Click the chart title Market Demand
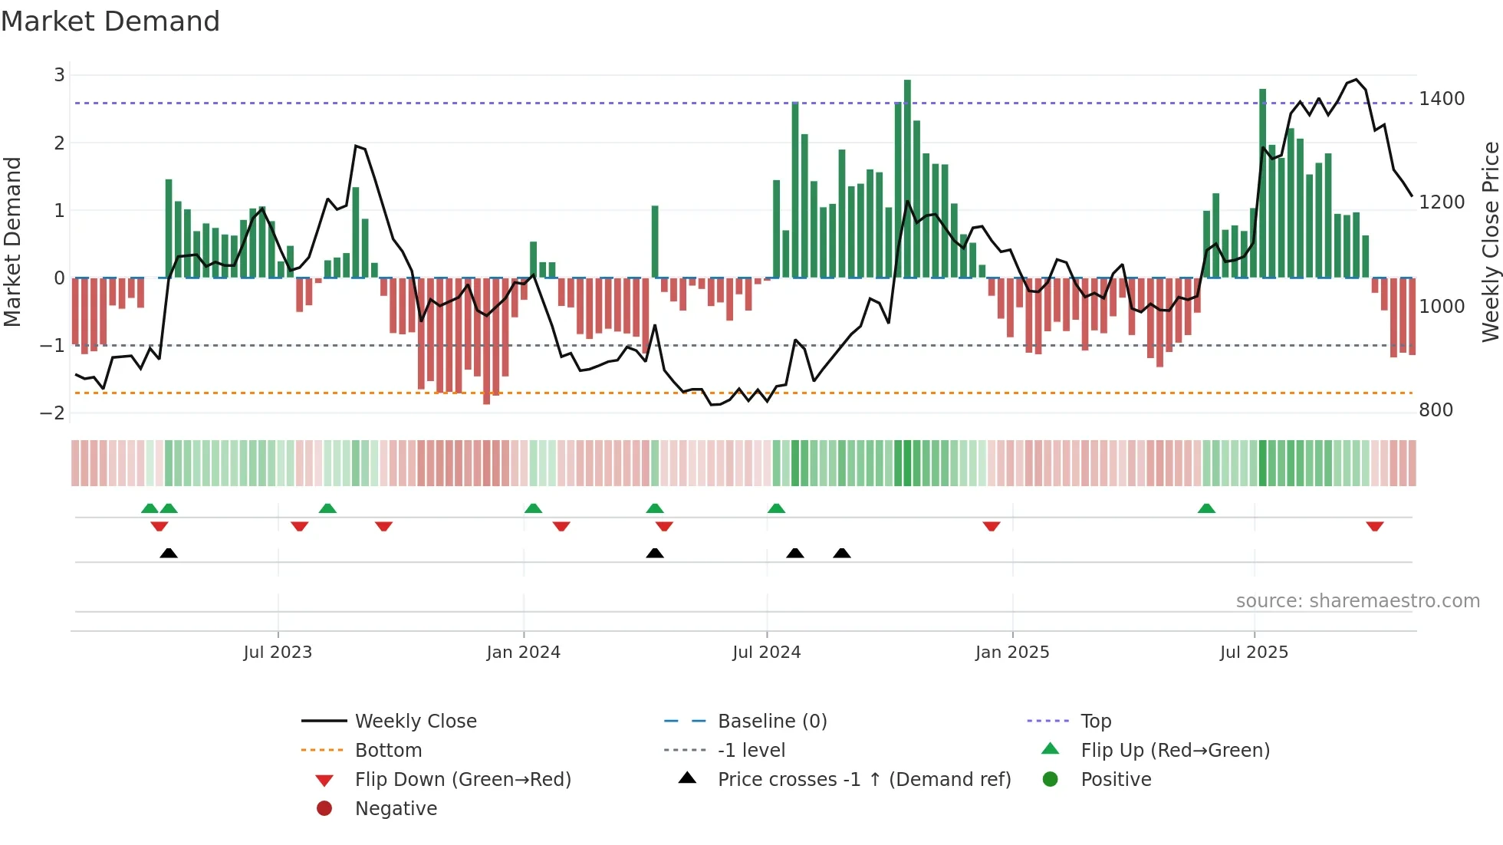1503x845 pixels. click(110, 21)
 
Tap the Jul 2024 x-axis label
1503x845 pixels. click(766, 653)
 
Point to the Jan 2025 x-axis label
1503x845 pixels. click(1012, 653)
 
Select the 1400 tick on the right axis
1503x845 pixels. click(1442, 99)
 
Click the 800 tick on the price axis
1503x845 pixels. click(1436, 410)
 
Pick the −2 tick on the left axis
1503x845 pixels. click(52, 413)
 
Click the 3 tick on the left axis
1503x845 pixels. click(59, 75)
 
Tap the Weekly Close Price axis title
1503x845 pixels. click(1490, 242)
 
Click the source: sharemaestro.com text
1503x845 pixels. click(1357, 601)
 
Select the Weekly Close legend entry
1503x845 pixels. click(415, 722)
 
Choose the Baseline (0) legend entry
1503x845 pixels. click(771, 722)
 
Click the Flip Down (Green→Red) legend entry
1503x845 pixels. click(462, 780)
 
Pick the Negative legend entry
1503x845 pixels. click(396, 809)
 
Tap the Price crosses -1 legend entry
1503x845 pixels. click(863, 780)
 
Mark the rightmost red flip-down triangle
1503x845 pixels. click(1374, 526)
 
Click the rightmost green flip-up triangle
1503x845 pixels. click(1206, 508)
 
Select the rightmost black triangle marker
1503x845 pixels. click(842, 553)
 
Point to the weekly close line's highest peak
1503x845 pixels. click(1357, 80)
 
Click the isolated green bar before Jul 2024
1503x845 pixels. click(655, 242)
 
